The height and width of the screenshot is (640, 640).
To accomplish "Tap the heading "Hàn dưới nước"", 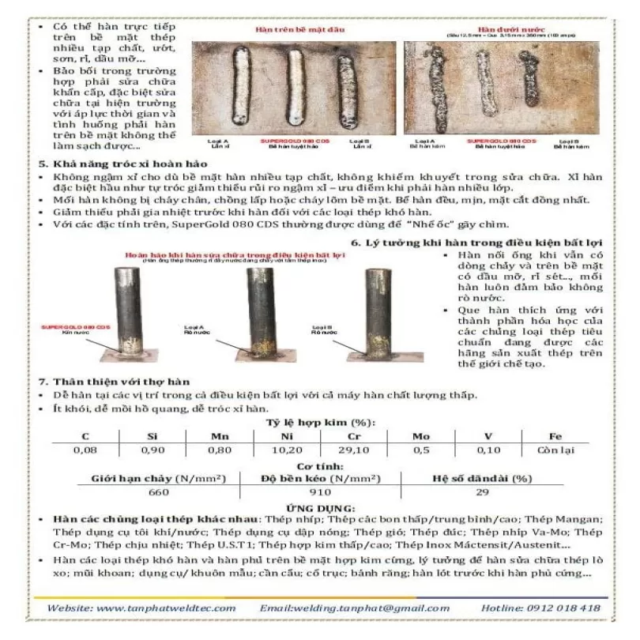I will (x=502, y=29).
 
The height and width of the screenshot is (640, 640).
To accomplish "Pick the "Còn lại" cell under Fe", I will (x=552, y=450).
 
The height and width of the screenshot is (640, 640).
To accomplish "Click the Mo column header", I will (x=421, y=435).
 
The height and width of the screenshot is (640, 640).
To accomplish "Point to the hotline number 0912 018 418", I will (x=563, y=608).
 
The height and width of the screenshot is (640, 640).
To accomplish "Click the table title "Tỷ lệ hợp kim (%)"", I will (x=320, y=422).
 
